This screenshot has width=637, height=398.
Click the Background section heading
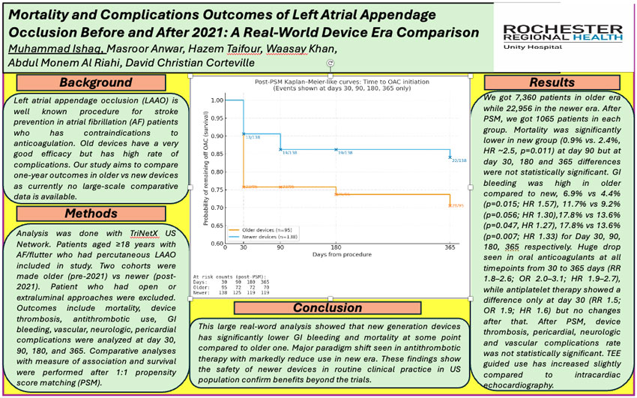point(95,82)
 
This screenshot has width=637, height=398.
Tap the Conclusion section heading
point(327,307)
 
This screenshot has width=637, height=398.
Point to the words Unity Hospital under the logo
point(563,46)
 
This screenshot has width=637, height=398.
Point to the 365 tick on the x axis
point(449,247)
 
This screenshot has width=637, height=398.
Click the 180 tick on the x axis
point(336,247)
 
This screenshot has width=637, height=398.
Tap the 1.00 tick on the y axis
point(217,100)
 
